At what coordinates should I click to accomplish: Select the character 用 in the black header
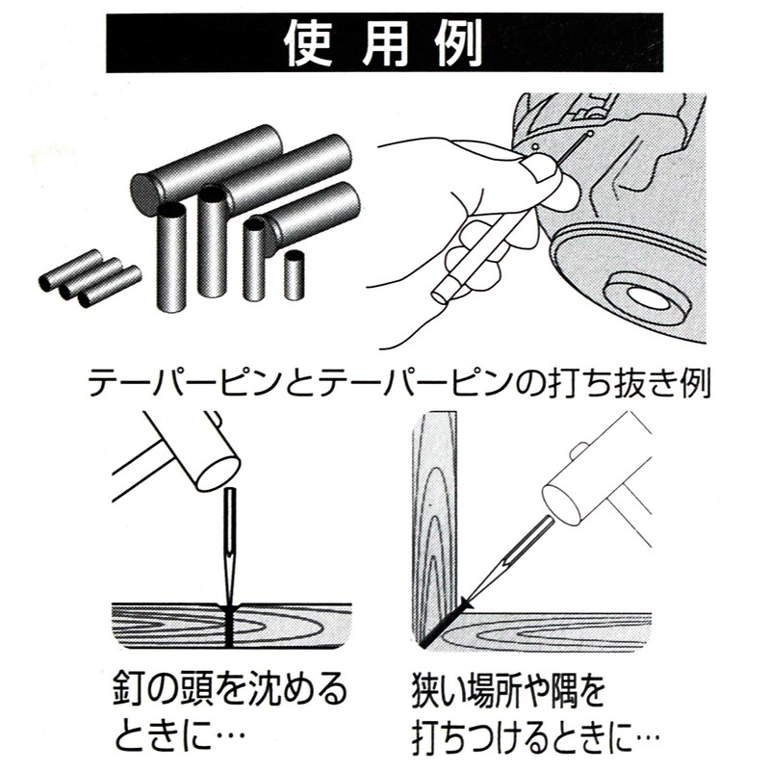[384, 44]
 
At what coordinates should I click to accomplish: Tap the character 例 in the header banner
[459, 44]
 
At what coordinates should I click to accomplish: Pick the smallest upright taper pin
[295, 275]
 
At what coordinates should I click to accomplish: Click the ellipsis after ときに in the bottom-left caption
[227, 735]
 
